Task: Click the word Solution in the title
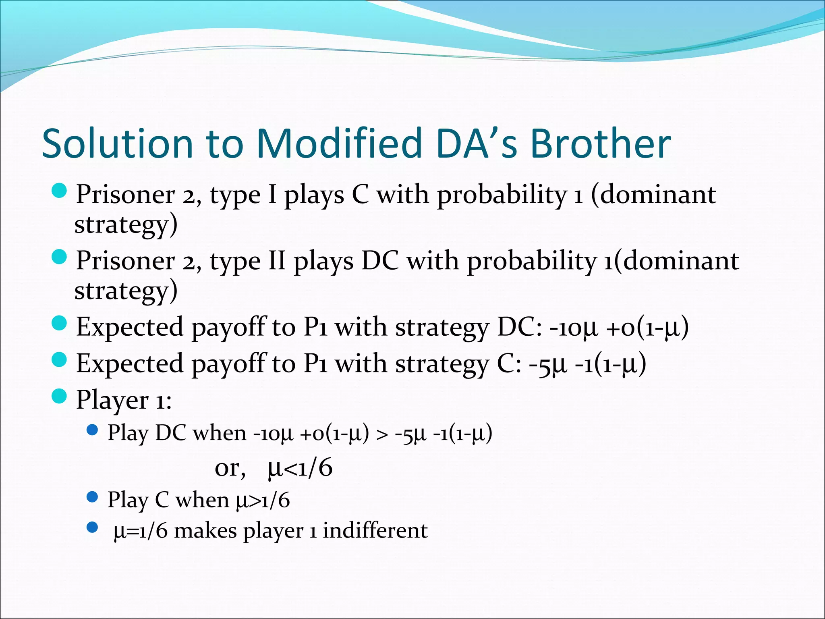(117, 144)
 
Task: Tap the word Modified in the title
(338, 144)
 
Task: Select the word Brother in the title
(600, 144)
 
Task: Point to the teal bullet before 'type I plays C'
(60, 191)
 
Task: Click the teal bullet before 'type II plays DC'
(60, 257)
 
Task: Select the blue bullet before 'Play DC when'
(92, 430)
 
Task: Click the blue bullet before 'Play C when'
(92, 497)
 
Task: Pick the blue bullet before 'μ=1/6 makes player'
(92, 528)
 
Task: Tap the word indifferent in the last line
(375, 530)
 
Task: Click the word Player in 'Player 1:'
(112, 400)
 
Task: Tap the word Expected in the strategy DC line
(129, 327)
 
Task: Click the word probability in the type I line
(502, 195)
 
